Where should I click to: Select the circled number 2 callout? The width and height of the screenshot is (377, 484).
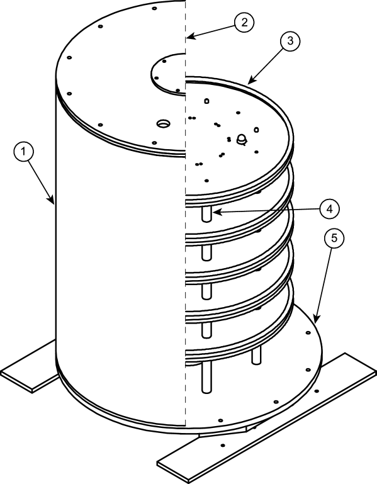pyautogui.click(x=244, y=21)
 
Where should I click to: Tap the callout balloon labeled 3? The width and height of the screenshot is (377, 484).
pyautogui.click(x=290, y=41)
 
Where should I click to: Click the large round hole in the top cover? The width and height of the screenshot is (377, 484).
pyautogui.click(x=163, y=123)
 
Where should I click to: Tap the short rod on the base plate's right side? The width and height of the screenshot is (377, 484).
pyautogui.click(x=256, y=356)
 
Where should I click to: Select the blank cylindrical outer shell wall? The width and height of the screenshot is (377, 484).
pyautogui.click(x=120, y=252)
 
